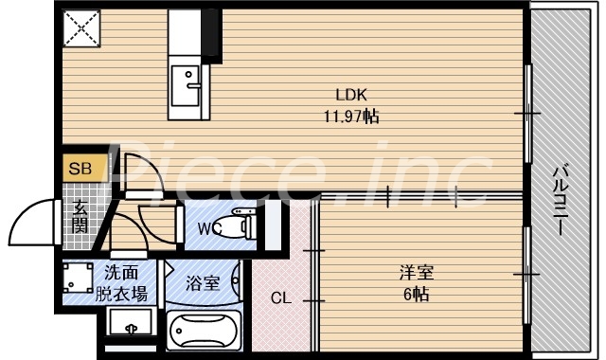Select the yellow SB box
[x=80, y=169]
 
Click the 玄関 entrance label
[x=80, y=217]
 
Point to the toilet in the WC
[x=245, y=227]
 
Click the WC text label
[x=210, y=228]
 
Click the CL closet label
[x=280, y=298]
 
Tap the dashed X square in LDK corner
[x=82, y=28]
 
